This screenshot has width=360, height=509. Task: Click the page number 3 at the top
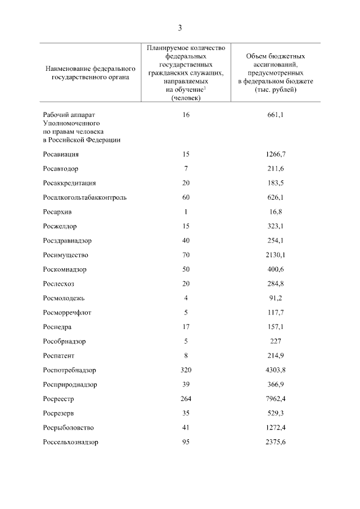[x=180, y=28]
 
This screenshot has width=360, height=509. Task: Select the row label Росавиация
[x=60, y=154]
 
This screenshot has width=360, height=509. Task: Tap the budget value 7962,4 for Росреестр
[x=276, y=399]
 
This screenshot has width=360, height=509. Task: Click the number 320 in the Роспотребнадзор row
[x=186, y=370]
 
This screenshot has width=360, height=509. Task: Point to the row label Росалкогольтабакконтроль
[x=84, y=197]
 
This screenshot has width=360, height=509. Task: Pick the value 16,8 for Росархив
[x=276, y=212]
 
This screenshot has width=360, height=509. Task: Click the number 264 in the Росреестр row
[x=186, y=399]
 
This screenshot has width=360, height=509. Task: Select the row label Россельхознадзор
[x=70, y=442]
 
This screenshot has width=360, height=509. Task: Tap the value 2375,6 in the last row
[x=276, y=442]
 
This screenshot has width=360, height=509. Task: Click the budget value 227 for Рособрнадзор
[x=276, y=341]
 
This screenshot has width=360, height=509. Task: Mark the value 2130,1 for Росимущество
[x=276, y=255]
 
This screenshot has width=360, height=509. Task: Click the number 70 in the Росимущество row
[x=186, y=255]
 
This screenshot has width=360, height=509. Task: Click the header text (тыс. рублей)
[x=276, y=89]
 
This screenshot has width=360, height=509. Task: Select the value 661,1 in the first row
[x=276, y=115]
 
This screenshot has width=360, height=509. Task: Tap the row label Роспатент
[x=58, y=355]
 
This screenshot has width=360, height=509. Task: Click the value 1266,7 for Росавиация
[x=276, y=154]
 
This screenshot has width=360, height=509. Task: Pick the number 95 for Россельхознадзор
[x=186, y=442]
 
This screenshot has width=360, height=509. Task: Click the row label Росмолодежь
[x=64, y=298]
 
